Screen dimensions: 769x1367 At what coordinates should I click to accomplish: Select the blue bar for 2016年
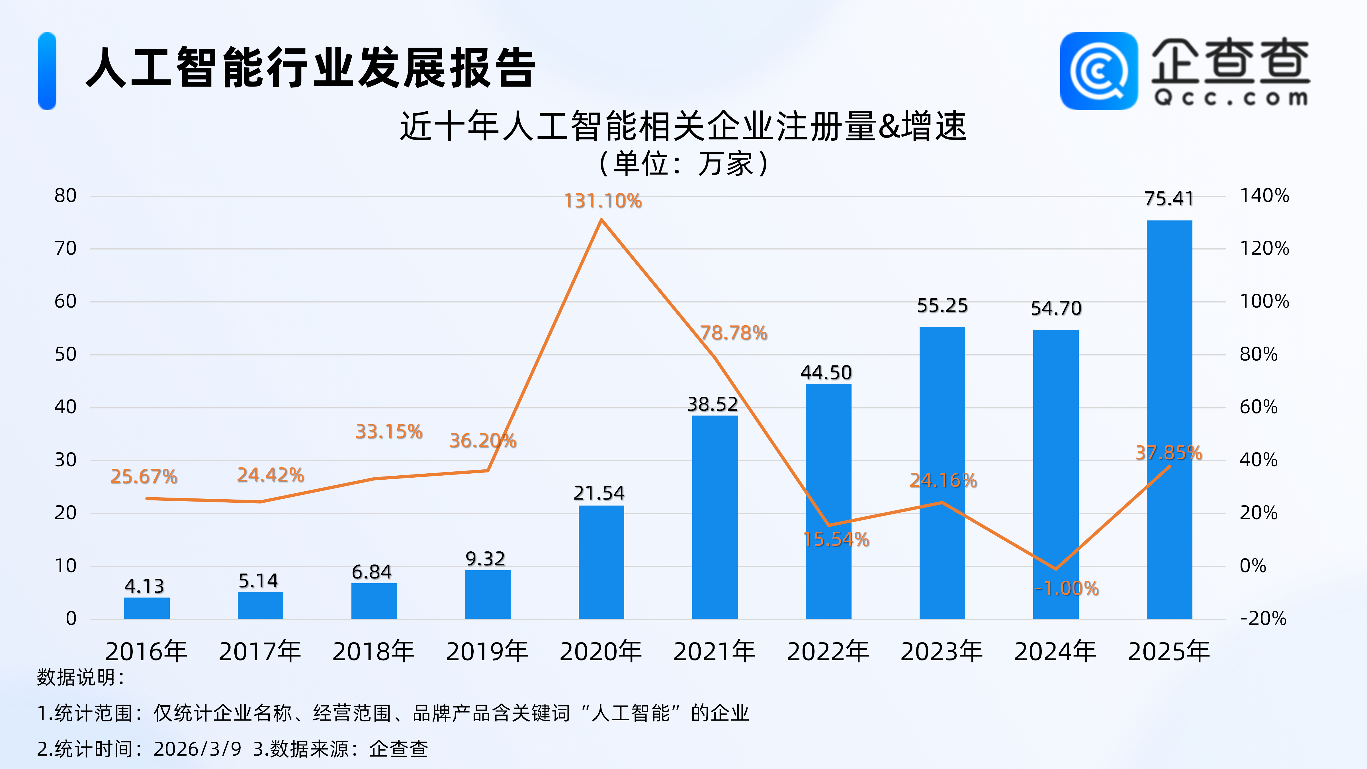pos(147,608)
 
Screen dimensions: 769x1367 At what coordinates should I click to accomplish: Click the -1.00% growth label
pos(1067,588)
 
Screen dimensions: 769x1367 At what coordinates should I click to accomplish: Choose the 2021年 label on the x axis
pos(714,652)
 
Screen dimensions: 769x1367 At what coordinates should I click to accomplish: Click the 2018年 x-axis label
pos(374,652)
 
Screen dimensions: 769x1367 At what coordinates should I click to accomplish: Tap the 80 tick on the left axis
pos(66,196)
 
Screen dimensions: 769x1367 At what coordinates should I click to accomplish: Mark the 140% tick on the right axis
pos(1264,196)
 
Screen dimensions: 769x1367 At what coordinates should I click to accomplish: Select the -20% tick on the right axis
pos(1263,619)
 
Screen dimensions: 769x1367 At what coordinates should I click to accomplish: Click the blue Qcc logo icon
pos(1098,71)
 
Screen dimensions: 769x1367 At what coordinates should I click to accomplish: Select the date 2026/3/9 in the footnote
pos(197,749)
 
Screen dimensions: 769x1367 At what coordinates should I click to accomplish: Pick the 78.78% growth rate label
pos(733,333)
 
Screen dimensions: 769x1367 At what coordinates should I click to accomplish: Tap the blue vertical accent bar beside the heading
pos(47,71)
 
